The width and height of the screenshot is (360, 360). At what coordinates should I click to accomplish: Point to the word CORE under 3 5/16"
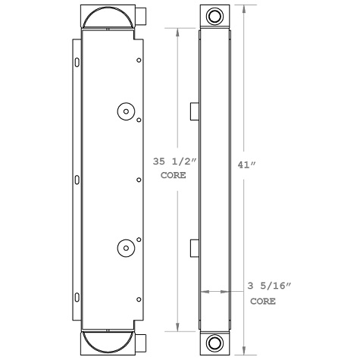pos(263,301)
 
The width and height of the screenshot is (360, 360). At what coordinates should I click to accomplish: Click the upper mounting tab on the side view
pos(193,111)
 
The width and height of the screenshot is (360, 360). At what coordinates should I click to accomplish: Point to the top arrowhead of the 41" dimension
pos(242,8)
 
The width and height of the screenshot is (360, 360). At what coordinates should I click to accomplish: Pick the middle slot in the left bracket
pos(76,179)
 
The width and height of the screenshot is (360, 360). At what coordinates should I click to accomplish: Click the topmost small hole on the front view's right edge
pos(139,60)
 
